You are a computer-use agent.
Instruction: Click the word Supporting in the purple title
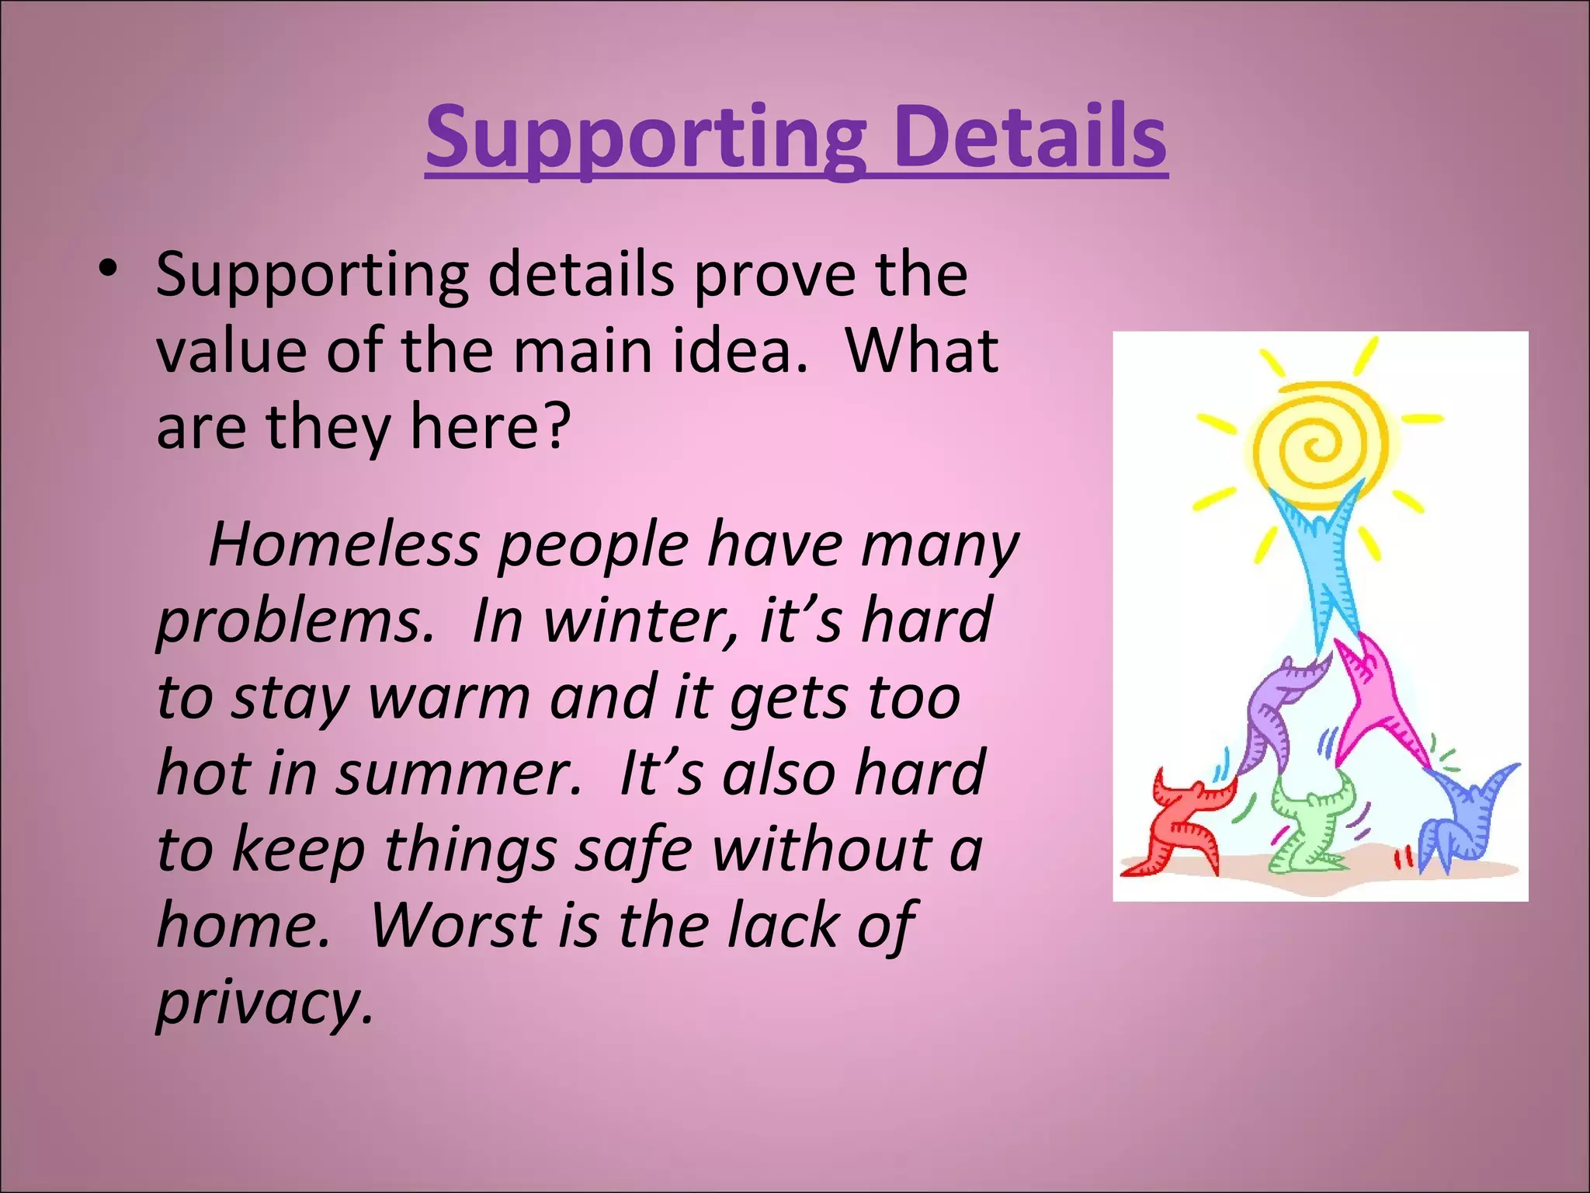[x=644, y=140]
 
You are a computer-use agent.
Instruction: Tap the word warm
[x=450, y=697]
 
